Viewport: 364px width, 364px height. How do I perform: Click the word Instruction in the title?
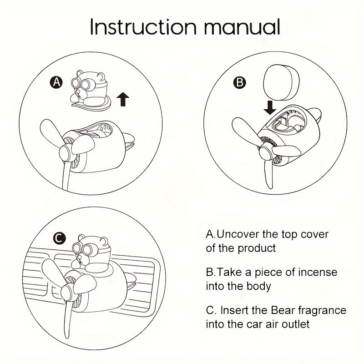(x=143, y=27)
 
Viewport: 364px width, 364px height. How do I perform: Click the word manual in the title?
(x=242, y=27)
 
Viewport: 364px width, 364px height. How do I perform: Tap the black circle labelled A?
(x=56, y=82)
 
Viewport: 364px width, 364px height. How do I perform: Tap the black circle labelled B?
(x=240, y=82)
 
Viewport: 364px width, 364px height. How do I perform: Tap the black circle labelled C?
(x=60, y=238)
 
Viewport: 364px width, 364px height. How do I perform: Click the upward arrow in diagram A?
(x=123, y=99)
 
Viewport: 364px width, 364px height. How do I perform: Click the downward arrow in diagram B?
(x=270, y=108)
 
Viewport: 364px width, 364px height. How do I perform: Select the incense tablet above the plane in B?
(x=281, y=82)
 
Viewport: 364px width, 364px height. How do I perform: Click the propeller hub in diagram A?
(x=66, y=152)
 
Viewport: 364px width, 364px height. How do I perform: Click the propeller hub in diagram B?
(x=266, y=151)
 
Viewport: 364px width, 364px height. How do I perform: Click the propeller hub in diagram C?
(x=67, y=292)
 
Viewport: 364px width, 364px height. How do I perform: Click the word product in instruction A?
(x=257, y=248)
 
